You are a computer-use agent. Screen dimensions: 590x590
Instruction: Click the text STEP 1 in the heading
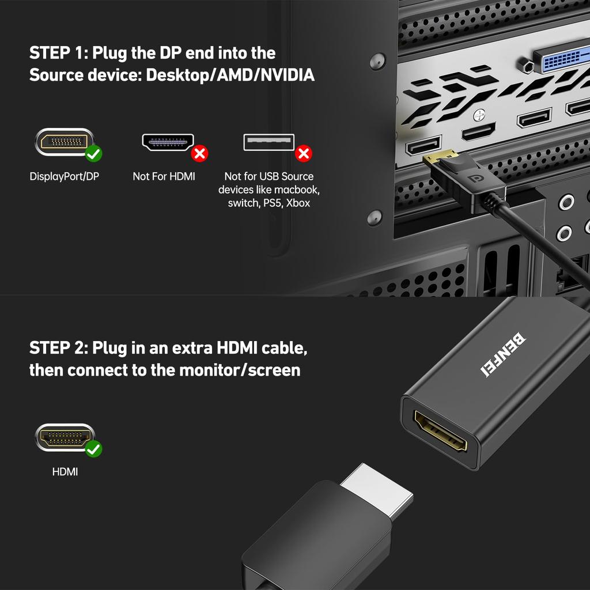(58, 53)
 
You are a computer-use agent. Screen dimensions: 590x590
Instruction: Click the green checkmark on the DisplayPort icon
(93, 154)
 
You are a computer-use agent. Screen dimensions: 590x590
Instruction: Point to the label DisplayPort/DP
(64, 176)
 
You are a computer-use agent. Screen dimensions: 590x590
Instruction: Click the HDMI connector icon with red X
(168, 142)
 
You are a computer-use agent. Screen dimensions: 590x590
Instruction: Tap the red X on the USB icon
(303, 154)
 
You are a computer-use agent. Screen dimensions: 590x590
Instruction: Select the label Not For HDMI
(164, 176)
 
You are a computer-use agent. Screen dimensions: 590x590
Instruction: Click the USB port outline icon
(268, 142)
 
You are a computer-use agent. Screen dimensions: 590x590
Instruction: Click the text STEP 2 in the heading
(58, 348)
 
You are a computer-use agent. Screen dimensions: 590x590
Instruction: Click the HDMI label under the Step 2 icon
(65, 472)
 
